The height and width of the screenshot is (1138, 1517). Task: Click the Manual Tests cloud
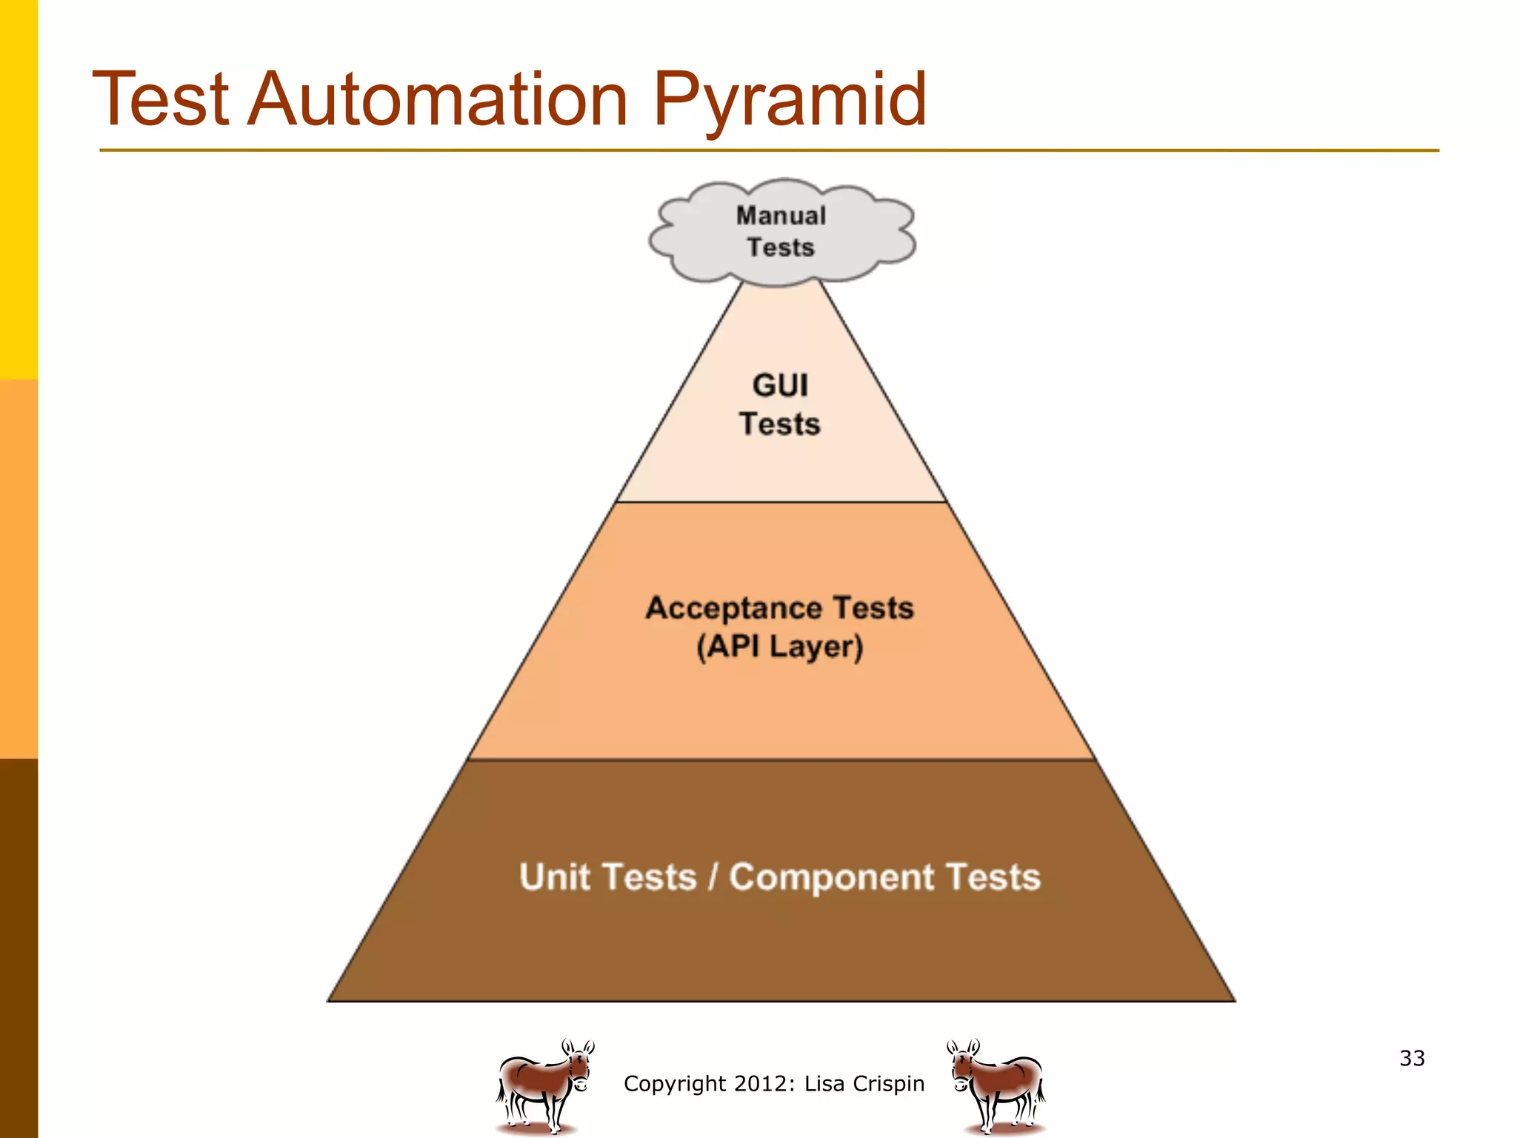click(781, 232)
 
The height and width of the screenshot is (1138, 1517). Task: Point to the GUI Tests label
click(780, 405)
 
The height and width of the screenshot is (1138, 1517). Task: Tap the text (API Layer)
click(780, 646)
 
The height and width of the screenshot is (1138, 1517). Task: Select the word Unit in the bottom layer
click(554, 877)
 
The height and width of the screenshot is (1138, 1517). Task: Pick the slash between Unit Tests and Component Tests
click(713, 877)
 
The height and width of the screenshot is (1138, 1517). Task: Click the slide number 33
click(1412, 1058)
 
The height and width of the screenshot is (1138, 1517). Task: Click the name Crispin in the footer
click(888, 1084)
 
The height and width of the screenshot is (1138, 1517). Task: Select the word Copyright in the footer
click(674, 1084)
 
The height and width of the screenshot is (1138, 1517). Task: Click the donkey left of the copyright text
click(544, 1086)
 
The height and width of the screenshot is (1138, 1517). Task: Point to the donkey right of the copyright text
click(996, 1086)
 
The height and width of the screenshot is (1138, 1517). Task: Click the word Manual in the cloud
click(781, 216)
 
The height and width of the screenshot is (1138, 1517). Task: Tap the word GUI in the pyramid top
click(780, 385)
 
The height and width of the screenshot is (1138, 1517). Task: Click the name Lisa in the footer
click(824, 1084)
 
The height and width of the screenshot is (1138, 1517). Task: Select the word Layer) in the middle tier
click(816, 647)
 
